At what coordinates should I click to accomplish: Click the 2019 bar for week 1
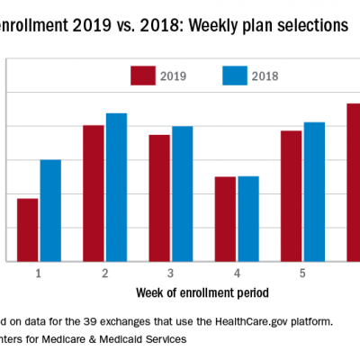point(28,229)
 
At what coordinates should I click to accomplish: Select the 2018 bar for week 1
point(50,211)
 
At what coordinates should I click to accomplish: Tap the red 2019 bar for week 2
point(94,193)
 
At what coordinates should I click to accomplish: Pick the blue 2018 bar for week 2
point(116,187)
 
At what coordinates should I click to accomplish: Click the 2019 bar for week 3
point(159,198)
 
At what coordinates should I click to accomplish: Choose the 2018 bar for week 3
point(183,193)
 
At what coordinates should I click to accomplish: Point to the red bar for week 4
point(225,219)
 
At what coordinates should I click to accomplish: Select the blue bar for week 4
point(248,219)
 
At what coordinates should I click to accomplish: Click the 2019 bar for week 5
point(291,196)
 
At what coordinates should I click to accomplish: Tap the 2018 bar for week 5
point(314,192)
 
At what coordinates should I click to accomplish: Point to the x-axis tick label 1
point(40,273)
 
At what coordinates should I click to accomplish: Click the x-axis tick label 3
point(171,273)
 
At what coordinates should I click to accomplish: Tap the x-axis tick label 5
point(302,273)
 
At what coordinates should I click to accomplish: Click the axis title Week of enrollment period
point(202,292)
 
